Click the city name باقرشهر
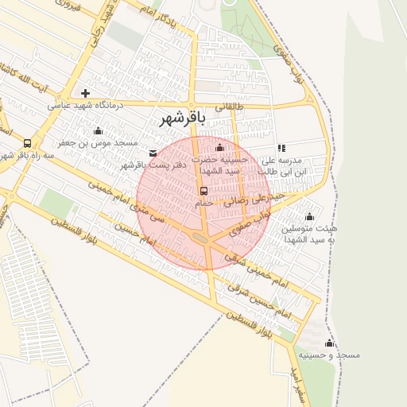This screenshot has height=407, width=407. point(183,119)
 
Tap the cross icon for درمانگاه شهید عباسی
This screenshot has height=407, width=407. point(85,93)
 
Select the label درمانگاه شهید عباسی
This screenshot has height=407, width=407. point(83,105)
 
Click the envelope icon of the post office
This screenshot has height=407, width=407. point(153,153)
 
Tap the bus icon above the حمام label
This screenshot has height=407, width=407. point(203,191)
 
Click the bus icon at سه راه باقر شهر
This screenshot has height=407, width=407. point(28,143)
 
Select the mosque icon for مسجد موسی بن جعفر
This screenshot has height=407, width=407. point(98,130)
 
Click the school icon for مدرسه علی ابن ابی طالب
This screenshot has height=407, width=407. point(281,148)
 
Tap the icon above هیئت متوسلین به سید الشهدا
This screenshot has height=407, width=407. point(309,216)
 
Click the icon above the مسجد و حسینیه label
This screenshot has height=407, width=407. point(329,342)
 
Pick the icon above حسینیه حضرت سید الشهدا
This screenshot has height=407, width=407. point(220,147)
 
